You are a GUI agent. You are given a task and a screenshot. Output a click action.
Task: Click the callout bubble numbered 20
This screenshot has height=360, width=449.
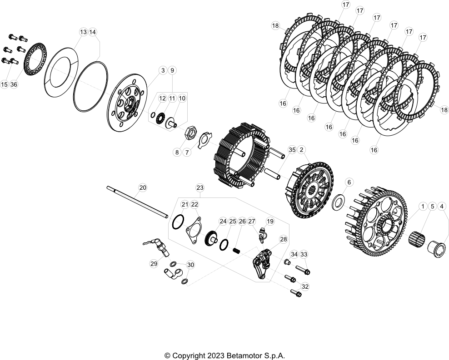pyautogui.click(x=142, y=187)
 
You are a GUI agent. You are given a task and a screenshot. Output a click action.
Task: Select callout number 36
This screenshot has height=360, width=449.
pyautogui.click(x=14, y=84)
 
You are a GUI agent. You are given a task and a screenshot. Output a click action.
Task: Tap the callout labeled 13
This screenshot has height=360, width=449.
pyautogui.click(x=83, y=32)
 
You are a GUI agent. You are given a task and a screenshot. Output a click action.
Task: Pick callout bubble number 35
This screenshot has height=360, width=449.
pyautogui.click(x=292, y=149)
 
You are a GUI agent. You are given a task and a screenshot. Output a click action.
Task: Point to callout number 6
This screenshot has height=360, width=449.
pyautogui.click(x=349, y=182)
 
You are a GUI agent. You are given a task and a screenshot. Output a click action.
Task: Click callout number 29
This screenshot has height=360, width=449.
pyautogui.click(x=153, y=263)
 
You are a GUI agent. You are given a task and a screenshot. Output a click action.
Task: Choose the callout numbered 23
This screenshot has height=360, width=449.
pyautogui.click(x=200, y=187)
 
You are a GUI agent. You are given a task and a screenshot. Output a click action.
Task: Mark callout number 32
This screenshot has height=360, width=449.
pyautogui.click(x=305, y=286)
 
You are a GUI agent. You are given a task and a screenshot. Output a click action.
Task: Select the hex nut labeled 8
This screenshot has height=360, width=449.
pyautogui.click(x=191, y=133)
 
